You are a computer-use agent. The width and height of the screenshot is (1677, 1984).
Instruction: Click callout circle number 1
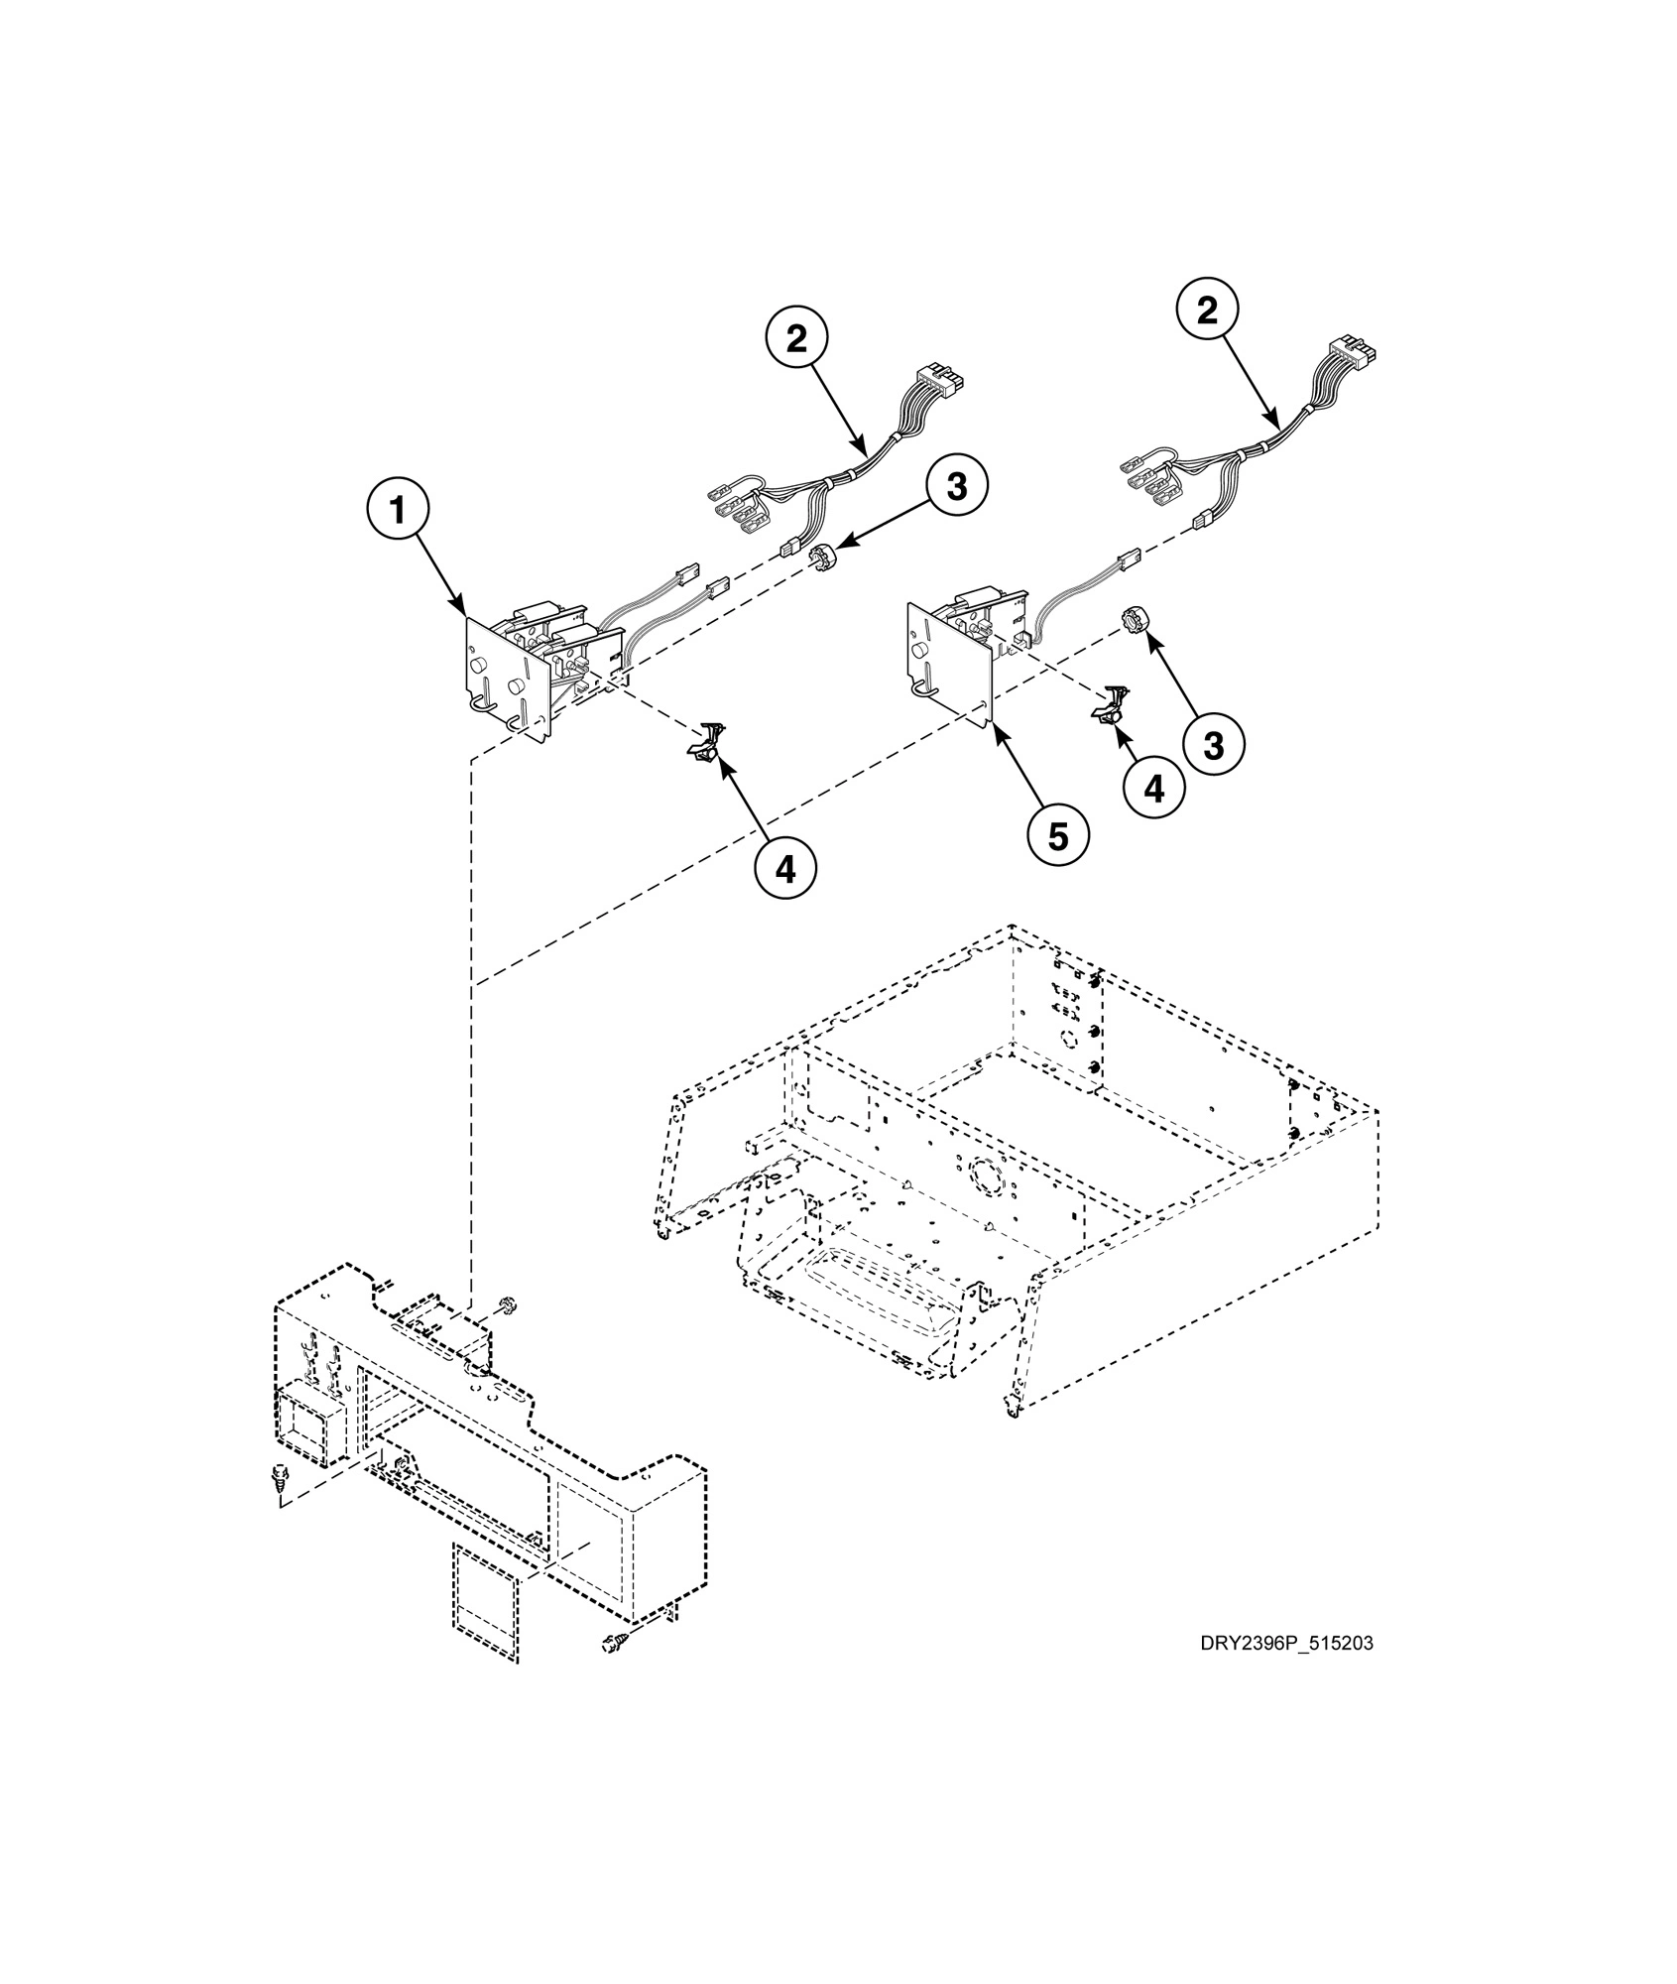397,512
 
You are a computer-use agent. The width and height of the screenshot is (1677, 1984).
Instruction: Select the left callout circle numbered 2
796,338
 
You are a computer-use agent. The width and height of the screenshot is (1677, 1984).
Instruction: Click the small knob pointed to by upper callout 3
821,558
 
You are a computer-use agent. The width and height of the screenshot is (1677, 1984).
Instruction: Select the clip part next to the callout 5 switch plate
1110,703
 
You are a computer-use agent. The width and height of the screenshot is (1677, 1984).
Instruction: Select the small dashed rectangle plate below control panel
486,1602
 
